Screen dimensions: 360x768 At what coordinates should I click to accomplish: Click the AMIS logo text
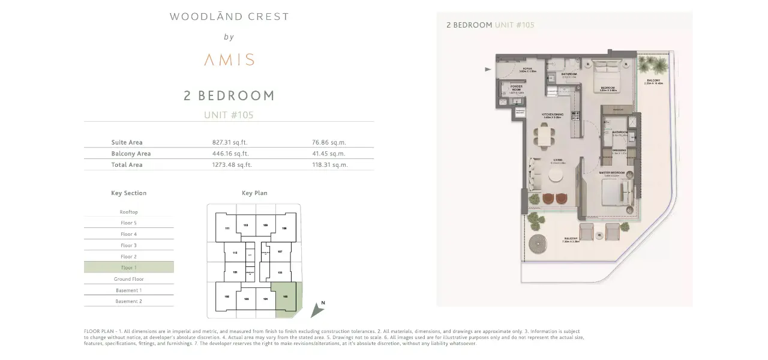coord(229,59)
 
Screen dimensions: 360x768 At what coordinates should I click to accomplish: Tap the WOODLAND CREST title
coord(229,17)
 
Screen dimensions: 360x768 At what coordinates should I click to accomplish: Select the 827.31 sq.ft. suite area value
coord(230,143)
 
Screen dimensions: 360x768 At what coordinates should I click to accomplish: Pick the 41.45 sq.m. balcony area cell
coord(329,154)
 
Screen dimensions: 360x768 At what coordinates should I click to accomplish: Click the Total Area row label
coord(127,164)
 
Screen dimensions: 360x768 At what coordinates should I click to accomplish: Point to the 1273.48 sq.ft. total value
coord(232,164)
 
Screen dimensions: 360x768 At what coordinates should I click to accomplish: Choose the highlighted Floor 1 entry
coord(128,268)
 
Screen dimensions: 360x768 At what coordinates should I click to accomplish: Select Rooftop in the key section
coord(128,212)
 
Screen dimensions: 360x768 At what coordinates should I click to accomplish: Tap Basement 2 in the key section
coord(128,301)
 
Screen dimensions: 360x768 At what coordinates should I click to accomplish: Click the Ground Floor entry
coord(128,279)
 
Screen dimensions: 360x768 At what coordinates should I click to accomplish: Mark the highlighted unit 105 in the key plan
coord(285,296)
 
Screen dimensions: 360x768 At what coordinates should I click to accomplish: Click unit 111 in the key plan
coord(227,229)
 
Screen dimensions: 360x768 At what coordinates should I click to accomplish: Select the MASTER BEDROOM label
coord(611,173)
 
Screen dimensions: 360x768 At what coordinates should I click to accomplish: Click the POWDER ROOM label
coord(516,88)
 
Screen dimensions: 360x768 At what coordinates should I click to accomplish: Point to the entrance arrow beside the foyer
coord(488,70)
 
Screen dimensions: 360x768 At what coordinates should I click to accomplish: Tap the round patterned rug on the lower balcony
coord(539,244)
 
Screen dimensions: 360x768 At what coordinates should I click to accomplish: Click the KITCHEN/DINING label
coord(553,114)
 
